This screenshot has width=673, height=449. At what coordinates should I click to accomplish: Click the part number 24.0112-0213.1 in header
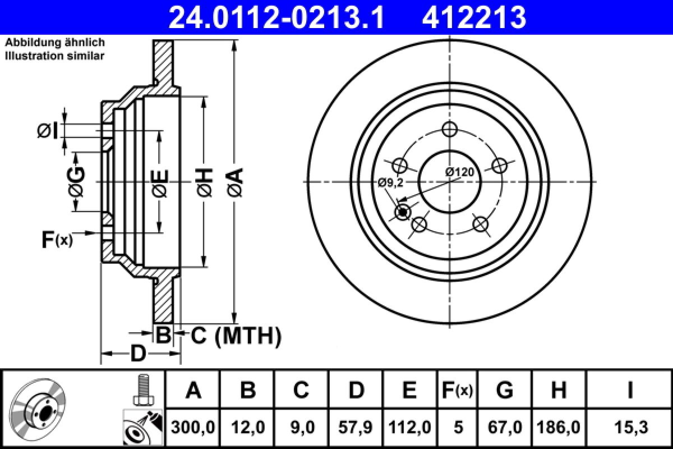pyautogui.click(x=277, y=17)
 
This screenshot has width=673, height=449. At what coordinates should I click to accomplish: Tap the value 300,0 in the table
pyautogui.click(x=193, y=428)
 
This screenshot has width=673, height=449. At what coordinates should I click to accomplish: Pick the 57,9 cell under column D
pyautogui.click(x=356, y=428)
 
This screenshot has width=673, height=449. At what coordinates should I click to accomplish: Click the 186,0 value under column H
pyautogui.click(x=559, y=428)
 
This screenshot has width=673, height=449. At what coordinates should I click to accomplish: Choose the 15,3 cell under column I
pyautogui.click(x=630, y=428)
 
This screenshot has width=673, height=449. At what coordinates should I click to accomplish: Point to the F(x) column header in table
pyautogui.click(x=458, y=390)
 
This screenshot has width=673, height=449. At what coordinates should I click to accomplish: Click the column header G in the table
pyautogui.click(x=505, y=390)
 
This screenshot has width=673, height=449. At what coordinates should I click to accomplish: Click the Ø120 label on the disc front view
pyautogui.click(x=460, y=172)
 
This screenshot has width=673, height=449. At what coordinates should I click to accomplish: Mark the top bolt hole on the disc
pyautogui.click(x=448, y=130)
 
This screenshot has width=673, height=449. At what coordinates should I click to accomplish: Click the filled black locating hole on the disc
pyautogui.click(x=402, y=212)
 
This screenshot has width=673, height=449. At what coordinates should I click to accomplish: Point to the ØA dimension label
pyautogui.click(x=235, y=182)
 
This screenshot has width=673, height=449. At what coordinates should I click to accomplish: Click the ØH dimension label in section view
pyautogui.click(x=205, y=182)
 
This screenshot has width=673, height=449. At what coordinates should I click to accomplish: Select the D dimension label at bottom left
pyautogui.click(x=138, y=354)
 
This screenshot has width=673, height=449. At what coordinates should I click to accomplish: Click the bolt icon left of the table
pyautogui.click(x=142, y=390)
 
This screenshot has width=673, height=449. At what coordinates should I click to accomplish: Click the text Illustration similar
pyautogui.click(x=54, y=56)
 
